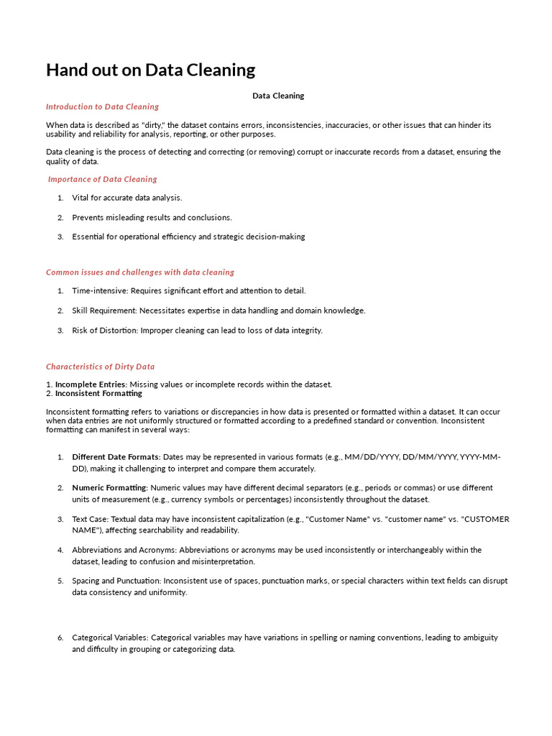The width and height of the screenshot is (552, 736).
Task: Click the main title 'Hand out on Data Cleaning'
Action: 150,70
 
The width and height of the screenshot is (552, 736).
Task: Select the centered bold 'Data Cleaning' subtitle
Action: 278,96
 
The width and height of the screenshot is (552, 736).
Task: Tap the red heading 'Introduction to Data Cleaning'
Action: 102,107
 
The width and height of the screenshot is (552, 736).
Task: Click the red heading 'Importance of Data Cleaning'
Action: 103,179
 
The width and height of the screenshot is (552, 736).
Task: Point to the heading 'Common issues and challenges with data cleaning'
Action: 140,272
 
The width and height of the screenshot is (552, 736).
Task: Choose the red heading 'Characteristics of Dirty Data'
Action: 100,367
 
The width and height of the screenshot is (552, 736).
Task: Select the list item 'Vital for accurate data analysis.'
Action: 127,198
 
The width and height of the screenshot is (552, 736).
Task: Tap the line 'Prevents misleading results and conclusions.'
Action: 152,217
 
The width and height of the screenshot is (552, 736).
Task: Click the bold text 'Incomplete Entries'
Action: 91,385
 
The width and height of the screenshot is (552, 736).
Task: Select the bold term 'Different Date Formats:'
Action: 116,457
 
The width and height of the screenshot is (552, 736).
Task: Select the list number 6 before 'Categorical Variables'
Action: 60,638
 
